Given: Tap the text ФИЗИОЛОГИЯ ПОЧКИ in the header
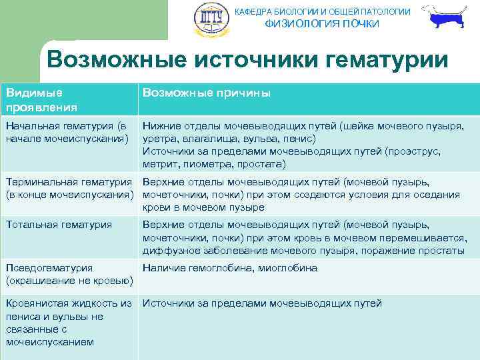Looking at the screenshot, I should [x=322, y=24].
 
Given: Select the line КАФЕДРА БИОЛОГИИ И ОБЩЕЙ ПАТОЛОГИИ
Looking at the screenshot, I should [x=323, y=11].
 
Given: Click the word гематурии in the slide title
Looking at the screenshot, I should [x=379, y=60].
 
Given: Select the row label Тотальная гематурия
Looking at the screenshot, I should [x=59, y=225].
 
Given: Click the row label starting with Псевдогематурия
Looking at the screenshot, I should [x=49, y=268].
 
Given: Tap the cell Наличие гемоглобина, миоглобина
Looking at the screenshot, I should [x=230, y=268].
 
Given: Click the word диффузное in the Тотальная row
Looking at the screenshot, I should [x=169, y=251].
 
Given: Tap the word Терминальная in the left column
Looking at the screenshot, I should [x=41, y=182].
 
